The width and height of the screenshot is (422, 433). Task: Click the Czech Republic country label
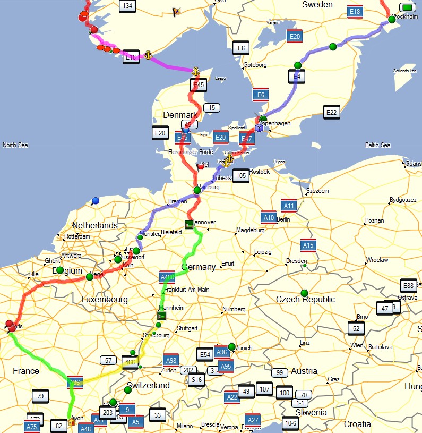pyautogui.click(x=305, y=300)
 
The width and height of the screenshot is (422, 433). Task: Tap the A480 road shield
pyautogui.click(x=167, y=277)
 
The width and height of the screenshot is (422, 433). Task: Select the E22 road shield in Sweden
pyautogui.click(x=332, y=112)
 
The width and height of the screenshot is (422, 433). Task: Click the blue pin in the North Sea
pyautogui.click(x=95, y=200)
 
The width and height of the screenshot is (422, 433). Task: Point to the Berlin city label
pyautogui.click(x=283, y=219)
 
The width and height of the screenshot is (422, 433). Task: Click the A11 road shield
pyautogui.click(x=289, y=206)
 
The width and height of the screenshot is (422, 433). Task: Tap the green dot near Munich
pyautogui.click(x=231, y=346)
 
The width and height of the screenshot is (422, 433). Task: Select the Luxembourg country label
pyautogui.click(x=105, y=300)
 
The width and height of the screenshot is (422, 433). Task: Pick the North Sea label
pyautogui.click(x=15, y=145)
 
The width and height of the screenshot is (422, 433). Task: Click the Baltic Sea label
pyautogui.click(x=377, y=145)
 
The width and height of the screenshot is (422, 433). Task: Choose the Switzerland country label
pyautogui.click(x=148, y=385)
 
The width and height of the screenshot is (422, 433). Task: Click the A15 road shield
pyautogui.click(x=307, y=245)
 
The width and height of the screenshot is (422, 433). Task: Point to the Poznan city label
pyautogui.click(x=374, y=220)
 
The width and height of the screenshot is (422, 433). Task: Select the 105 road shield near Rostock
pyautogui.click(x=240, y=175)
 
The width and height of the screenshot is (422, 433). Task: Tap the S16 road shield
pyautogui.click(x=196, y=379)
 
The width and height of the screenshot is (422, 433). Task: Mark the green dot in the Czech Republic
pyautogui.click(x=304, y=293)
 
